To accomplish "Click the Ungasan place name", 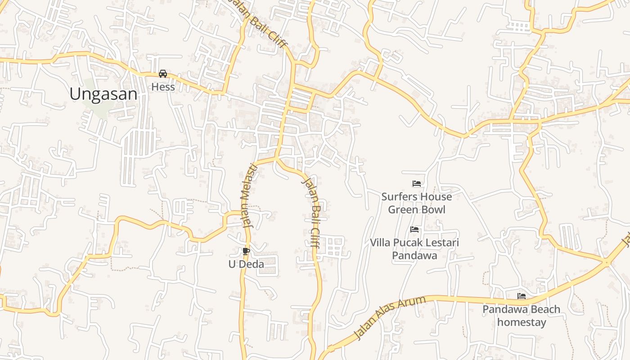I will click(103, 94).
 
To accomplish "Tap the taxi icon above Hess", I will click(163, 74).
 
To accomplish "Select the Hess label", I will click(163, 87).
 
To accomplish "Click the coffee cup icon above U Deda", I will click(246, 251).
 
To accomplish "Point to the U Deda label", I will click(246, 264).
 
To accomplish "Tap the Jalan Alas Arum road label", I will click(390, 318).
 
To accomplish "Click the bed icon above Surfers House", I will click(417, 184).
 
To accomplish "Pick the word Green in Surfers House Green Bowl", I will click(403, 210).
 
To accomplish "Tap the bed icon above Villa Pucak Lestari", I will click(415, 229).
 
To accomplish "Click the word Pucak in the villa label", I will click(408, 243).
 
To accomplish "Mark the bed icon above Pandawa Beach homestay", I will click(522, 296).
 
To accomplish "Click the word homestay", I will click(522, 322).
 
